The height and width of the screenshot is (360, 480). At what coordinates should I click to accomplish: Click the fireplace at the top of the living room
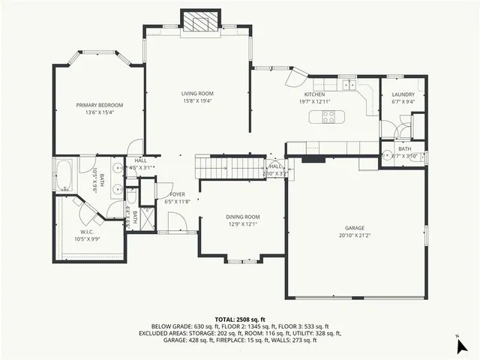pyautogui.click(x=198, y=22)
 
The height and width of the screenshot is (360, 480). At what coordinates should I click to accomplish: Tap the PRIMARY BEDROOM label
pyautogui.click(x=99, y=105)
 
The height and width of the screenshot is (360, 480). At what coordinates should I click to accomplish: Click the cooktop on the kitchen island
pyautogui.click(x=329, y=116)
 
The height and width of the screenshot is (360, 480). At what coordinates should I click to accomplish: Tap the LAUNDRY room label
pyautogui.click(x=403, y=94)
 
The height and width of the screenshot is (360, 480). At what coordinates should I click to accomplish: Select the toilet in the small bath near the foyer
pyautogui.click(x=131, y=197)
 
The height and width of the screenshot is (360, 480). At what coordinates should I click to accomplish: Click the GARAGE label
pyautogui.click(x=355, y=227)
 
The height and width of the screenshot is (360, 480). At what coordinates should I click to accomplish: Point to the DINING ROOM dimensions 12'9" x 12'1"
pyautogui.click(x=242, y=223)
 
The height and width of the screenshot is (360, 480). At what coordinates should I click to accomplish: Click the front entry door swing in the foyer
pyautogui.click(x=176, y=222)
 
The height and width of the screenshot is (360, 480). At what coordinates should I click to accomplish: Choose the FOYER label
pyautogui.click(x=166, y=194)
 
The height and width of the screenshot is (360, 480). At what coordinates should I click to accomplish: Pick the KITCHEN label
pyautogui.click(x=314, y=94)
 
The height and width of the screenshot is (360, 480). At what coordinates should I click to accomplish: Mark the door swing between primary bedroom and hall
pyautogui.click(x=134, y=147)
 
